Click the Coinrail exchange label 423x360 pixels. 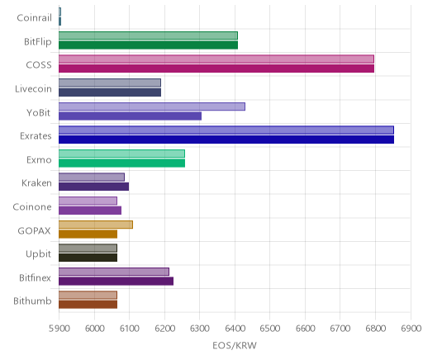(34, 18)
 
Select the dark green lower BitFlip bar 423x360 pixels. (148, 45)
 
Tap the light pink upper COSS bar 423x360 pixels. (216, 59)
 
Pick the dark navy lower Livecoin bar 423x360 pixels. (110, 92)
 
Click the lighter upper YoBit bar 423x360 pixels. (152, 107)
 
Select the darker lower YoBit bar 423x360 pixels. (130, 116)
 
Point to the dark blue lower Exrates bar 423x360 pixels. (226, 140)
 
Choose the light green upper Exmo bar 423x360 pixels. (121, 154)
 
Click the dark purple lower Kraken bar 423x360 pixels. (93, 187)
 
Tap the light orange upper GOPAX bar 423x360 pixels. (96, 225)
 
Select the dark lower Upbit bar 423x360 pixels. (88, 258)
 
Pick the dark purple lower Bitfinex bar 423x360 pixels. (116, 282)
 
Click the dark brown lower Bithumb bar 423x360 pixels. (88, 305)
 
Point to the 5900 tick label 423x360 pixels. (59, 329)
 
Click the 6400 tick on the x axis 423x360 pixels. (235, 329)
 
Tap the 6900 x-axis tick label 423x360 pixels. (411, 329)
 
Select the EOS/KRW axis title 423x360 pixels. (235, 346)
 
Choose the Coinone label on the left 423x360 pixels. (32, 207)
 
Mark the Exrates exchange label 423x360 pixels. (36, 136)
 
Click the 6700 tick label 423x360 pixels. (340, 329)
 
